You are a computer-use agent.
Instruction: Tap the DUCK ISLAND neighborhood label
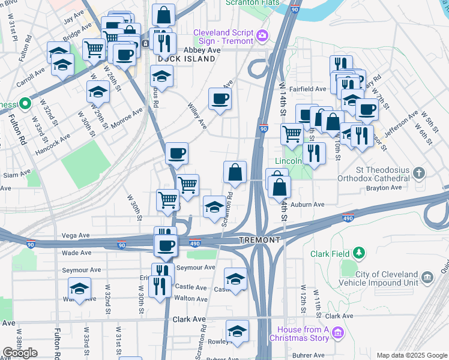point(186,59)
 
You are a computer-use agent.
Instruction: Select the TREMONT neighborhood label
point(259,240)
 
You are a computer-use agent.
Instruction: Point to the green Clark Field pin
point(359,253)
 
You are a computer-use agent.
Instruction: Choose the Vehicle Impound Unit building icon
point(427,277)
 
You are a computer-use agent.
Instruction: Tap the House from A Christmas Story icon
point(337,332)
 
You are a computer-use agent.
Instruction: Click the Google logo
point(20,353)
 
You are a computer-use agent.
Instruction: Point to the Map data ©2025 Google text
point(412,355)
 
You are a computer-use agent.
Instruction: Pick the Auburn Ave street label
point(307,205)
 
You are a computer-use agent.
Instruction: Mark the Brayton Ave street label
point(384,188)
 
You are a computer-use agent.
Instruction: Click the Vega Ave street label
point(76,236)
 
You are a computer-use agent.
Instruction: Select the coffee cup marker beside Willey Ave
point(220,99)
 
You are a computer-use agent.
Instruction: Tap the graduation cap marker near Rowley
point(237,332)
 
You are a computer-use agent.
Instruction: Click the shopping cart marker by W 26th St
point(94,49)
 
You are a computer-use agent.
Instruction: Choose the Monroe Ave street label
point(127,118)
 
